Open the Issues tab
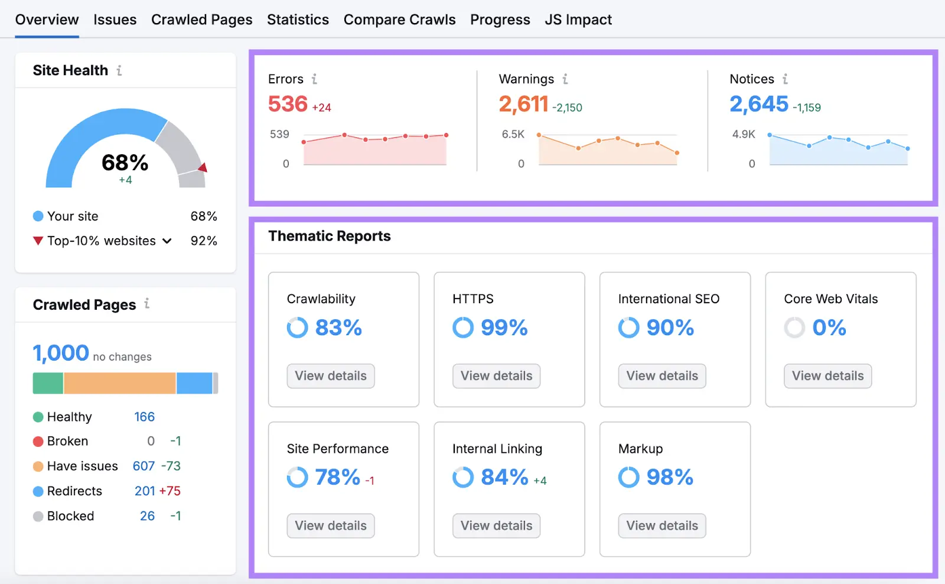tap(115, 20)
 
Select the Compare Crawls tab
tap(399, 20)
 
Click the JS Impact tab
tap(578, 20)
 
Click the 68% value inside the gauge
tap(125, 163)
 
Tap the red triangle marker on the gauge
tap(203, 168)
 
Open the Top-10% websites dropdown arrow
tap(167, 241)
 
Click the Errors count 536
tap(288, 104)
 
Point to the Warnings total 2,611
tap(523, 104)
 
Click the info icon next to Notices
tap(785, 79)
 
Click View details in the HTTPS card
tap(496, 376)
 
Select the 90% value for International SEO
tap(670, 327)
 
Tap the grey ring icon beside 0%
tap(794, 327)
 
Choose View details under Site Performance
tap(331, 525)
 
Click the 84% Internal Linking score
tap(504, 477)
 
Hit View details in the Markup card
tap(661, 525)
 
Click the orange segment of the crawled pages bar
tap(119, 383)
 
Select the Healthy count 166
tap(144, 417)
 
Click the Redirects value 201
tap(145, 491)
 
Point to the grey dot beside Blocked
tap(38, 517)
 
